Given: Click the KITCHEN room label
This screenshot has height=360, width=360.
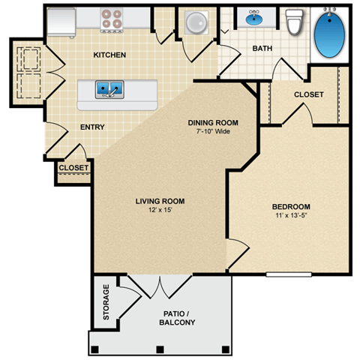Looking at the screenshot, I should coord(109,55).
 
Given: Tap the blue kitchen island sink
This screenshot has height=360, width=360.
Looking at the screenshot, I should coord(109,90).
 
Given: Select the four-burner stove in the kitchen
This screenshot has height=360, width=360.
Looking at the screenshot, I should coord(112,20).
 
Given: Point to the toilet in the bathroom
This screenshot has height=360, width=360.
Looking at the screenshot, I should coord(293,22).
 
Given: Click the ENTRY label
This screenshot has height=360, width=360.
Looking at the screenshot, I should coord(92,127).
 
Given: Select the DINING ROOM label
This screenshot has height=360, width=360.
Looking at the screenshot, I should coord(213,122).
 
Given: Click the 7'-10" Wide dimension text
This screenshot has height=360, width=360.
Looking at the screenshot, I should coord(213,131).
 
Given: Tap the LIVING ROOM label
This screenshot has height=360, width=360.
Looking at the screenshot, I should coord(160,201).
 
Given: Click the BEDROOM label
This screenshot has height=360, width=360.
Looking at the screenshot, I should coord(290,207).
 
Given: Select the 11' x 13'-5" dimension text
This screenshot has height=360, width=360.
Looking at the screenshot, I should coord(290,216).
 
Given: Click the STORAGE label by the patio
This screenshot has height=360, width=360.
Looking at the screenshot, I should coord(106,302).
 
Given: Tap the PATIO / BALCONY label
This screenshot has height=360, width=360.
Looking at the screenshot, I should coord(178,317).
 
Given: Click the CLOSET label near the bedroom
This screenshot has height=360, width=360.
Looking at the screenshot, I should coord(308,95).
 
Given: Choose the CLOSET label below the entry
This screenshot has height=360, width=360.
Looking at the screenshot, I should coord(73,168).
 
